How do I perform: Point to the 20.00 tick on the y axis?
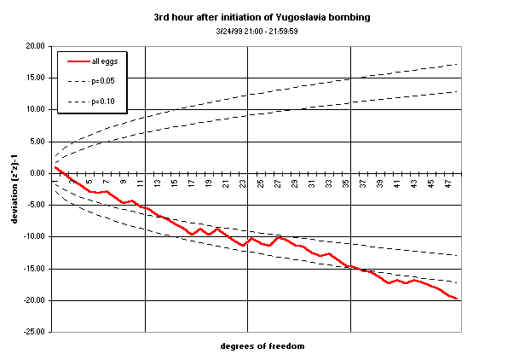33,46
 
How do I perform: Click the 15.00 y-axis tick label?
33,78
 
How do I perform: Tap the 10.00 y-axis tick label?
33,109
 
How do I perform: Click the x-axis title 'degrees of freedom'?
262,346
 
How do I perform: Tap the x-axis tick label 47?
448,183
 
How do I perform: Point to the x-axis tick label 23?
243,183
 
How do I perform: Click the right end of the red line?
458,299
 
